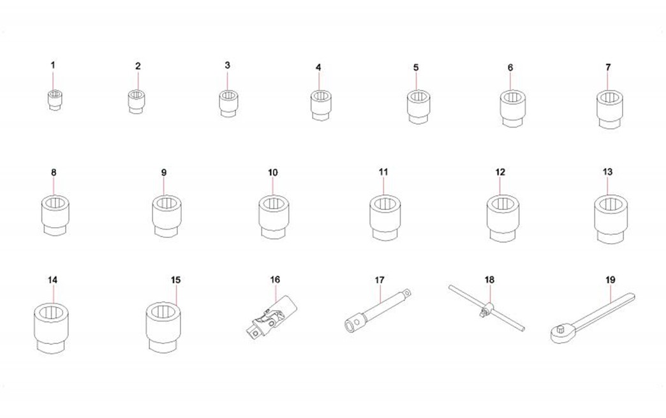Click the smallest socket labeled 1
pos(54,100)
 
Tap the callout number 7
pos(608,67)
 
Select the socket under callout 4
pos(321,105)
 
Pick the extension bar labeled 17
pos(377,310)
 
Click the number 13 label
pos(607,172)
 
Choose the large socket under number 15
pos(164,326)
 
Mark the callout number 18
pos(489,280)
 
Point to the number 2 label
pos(138,66)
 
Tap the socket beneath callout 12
pos(503,218)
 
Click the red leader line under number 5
pos(416,82)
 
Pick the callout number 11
pos(383,172)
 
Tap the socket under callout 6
pos(513,108)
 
